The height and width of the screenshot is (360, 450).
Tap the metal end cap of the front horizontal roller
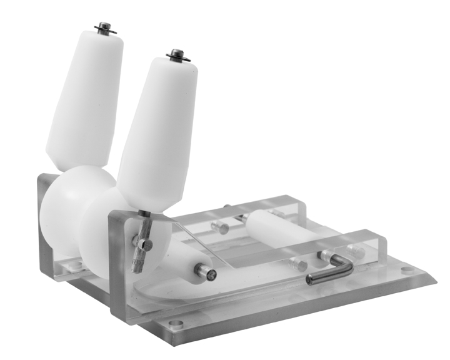click(x=206, y=271)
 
